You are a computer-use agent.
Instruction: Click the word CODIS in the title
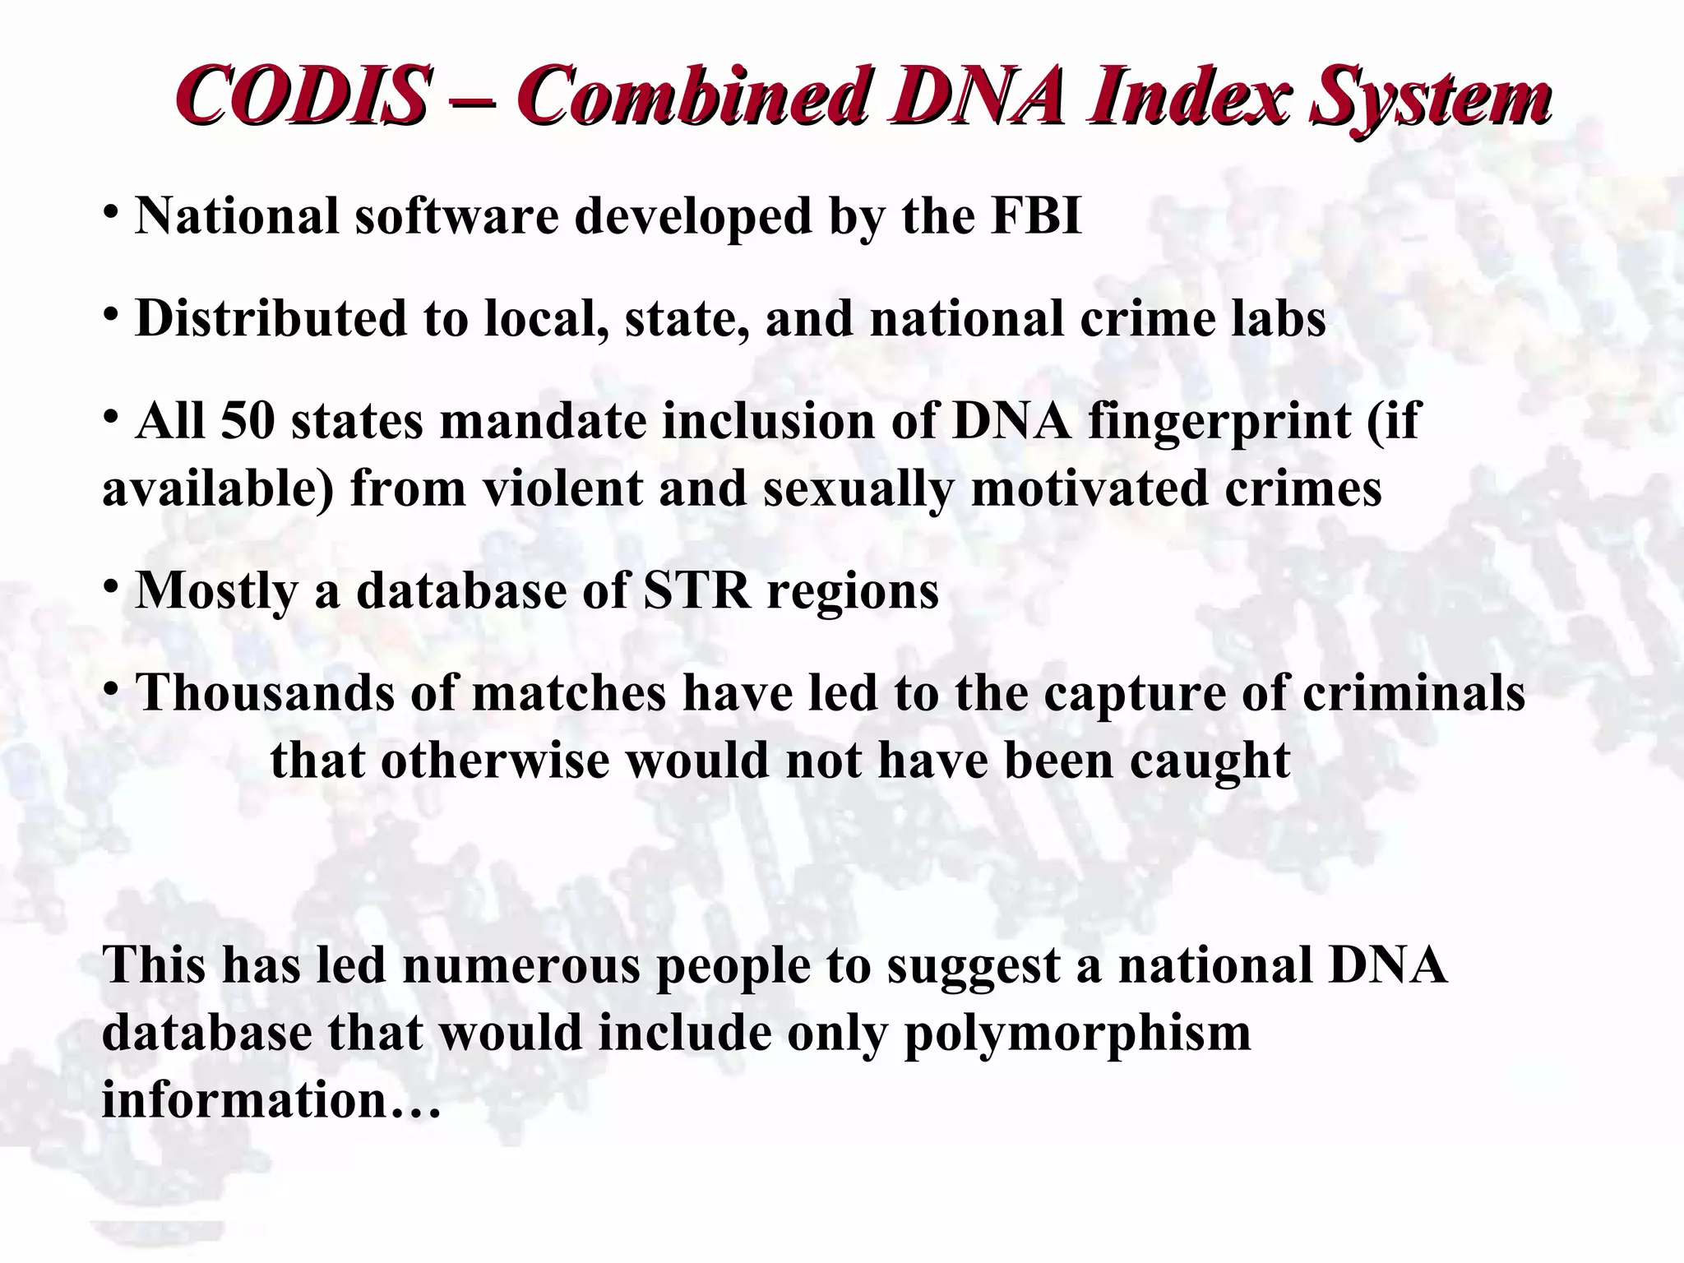[x=302, y=96]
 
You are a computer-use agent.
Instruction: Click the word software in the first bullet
[x=456, y=215]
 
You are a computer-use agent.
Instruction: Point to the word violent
[x=562, y=488]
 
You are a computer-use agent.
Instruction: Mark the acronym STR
[x=696, y=590]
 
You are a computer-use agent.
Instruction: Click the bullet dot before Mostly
[x=111, y=586]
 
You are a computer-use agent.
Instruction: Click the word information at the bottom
[x=244, y=1099]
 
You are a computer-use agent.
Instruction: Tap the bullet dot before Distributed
[x=111, y=314]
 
